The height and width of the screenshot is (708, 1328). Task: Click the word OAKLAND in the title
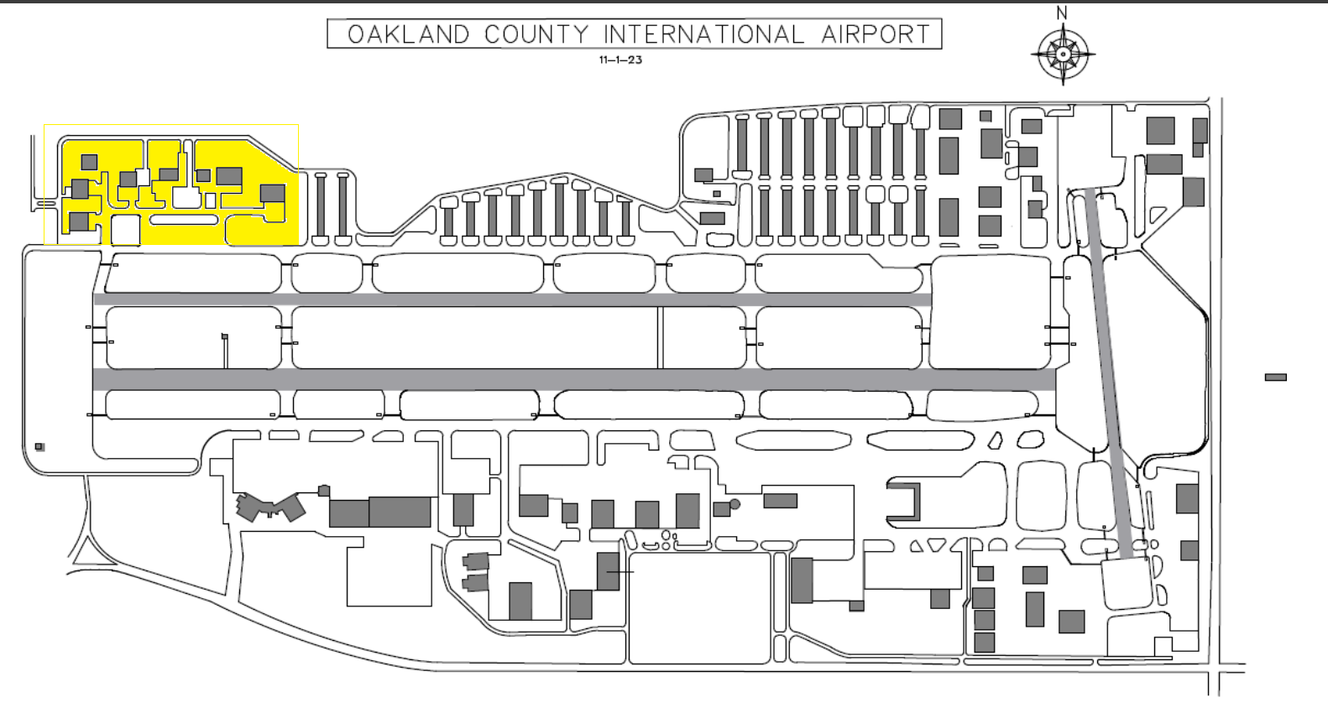(x=409, y=34)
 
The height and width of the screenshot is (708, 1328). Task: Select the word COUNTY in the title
(x=536, y=34)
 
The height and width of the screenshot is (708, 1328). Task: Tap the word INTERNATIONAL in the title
(x=704, y=34)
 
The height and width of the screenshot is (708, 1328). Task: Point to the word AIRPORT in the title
(x=876, y=34)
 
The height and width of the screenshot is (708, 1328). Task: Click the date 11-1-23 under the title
(x=620, y=60)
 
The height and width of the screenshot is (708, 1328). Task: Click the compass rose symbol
(x=1063, y=55)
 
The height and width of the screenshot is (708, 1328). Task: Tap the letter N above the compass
(x=1062, y=13)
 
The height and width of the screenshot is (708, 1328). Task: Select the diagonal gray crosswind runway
(x=1113, y=373)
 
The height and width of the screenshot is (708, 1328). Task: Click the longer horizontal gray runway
(x=574, y=380)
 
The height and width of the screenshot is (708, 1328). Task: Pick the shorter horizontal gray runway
(x=512, y=299)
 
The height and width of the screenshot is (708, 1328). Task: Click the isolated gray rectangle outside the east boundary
(x=1276, y=377)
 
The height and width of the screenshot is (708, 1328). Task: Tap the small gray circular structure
(x=735, y=504)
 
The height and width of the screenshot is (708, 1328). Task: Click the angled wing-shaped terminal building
(x=269, y=507)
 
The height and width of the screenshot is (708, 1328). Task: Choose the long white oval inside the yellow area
(x=184, y=220)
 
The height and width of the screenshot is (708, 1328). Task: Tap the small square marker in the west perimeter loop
(x=39, y=447)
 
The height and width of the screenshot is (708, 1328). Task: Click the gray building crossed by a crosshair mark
(x=609, y=572)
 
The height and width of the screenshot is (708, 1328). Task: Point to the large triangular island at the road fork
(x=85, y=553)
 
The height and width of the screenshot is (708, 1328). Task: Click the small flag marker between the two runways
(x=225, y=337)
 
